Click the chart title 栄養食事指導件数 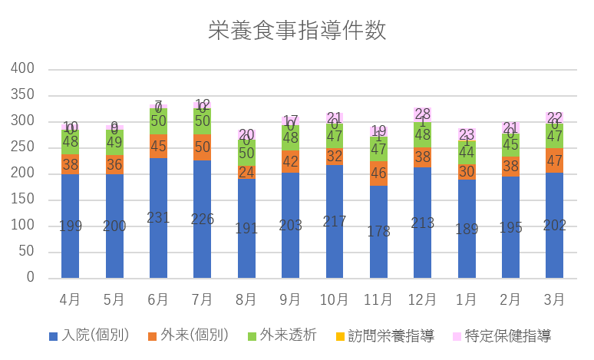pos(297,30)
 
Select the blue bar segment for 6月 pos(158,218)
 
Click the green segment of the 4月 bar pos(71,142)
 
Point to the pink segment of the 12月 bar pos(423,114)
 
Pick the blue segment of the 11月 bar pos(379,231)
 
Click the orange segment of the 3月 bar pos(555,160)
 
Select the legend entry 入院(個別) pos(89,335)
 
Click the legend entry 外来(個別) pos(189,335)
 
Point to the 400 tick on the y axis pos(24,68)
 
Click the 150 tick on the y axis pos(24,199)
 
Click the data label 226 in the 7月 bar pos(203,219)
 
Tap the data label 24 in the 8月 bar pos(246,172)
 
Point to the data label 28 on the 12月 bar pos(423,114)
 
